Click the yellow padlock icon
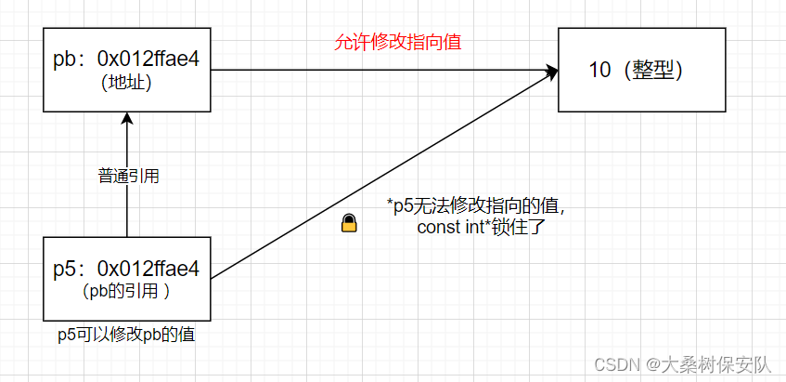click(x=349, y=223)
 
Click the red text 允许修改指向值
click(x=398, y=42)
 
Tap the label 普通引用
click(x=128, y=176)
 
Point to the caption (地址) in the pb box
click(x=126, y=83)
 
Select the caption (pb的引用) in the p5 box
click(x=126, y=291)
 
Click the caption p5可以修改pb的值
click(x=126, y=335)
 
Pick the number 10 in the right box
click(x=600, y=70)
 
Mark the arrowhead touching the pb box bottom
click(x=127, y=118)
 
